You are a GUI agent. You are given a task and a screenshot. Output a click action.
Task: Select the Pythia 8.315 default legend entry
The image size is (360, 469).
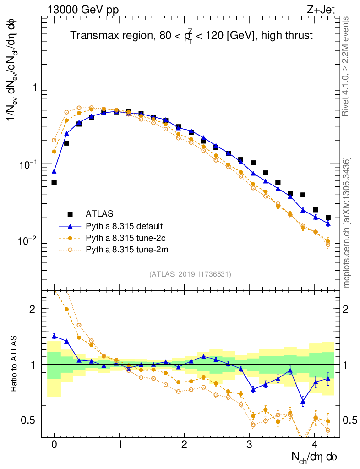(124, 226)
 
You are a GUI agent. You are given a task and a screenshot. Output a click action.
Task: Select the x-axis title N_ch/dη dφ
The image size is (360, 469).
(315, 457)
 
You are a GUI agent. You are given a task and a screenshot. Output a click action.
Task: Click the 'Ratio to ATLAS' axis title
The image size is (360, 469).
(14, 364)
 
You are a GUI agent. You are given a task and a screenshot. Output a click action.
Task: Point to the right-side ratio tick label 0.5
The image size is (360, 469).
(350, 420)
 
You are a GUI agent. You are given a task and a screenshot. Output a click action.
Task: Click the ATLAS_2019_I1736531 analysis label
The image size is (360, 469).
(190, 274)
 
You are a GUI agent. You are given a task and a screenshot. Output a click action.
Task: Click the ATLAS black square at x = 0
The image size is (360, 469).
(54, 183)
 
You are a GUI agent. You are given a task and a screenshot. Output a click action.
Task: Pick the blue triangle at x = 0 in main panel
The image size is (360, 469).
(54, 171)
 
